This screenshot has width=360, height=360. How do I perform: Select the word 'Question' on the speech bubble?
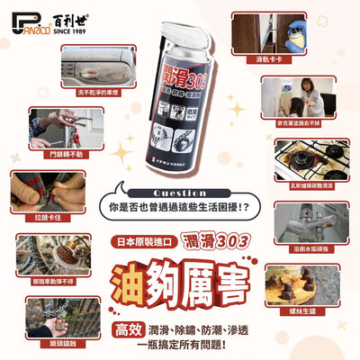coord(179,193)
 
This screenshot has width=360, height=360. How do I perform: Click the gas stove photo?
coord(301,160)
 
